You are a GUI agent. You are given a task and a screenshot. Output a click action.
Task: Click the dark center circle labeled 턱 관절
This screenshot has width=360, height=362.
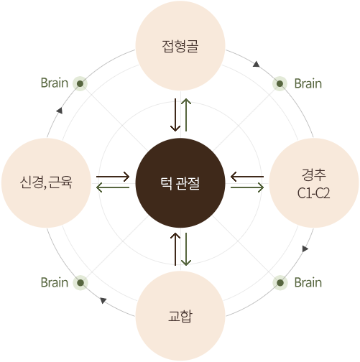pos(180,183)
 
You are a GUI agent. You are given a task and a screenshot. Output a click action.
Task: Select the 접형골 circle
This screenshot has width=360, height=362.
pos(180,46)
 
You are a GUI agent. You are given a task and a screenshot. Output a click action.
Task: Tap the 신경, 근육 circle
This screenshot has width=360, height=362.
pos(46,183)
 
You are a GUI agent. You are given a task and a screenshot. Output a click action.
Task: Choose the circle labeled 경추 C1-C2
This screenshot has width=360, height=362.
pos(314,183)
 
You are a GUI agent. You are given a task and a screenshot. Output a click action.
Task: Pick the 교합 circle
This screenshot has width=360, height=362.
pos(180,316)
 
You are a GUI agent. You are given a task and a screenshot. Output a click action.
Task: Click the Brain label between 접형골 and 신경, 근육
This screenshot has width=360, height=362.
pos(55,83)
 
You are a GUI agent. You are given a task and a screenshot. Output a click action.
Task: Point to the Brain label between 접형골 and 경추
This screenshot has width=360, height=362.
pos(308,83)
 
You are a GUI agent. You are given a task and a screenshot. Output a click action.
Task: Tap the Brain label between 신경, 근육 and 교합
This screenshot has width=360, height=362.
pos(55,282)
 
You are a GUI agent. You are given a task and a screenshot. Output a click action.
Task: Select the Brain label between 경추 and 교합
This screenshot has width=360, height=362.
pos(308,282)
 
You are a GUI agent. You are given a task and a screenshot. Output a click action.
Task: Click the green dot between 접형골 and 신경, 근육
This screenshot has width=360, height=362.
pos(80,83)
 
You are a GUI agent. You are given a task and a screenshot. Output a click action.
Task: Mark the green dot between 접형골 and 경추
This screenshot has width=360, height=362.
pos(280,83)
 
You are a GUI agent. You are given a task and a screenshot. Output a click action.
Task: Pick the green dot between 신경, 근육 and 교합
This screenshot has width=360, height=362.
pos(80,283)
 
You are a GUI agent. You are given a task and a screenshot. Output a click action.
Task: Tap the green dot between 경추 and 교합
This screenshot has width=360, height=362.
pos(280,283)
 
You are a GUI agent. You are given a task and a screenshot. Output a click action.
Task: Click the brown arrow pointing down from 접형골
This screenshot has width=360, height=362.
pos(175,115)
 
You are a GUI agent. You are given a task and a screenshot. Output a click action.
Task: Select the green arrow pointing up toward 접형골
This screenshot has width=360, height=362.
pos(186,115)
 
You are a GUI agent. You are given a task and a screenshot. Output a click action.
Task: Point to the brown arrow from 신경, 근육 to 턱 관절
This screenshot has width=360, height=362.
pos(113,177)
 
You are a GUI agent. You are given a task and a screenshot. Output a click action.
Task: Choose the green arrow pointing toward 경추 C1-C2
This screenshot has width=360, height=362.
pos(247,187)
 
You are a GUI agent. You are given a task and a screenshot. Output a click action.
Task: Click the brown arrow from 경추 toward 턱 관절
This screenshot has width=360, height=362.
pos(247,177)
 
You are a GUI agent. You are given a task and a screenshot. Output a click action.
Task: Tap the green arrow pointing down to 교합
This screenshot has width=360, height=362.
pos(186,249)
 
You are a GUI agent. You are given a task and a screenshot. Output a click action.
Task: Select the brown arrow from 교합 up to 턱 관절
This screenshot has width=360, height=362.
pos(175,249)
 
